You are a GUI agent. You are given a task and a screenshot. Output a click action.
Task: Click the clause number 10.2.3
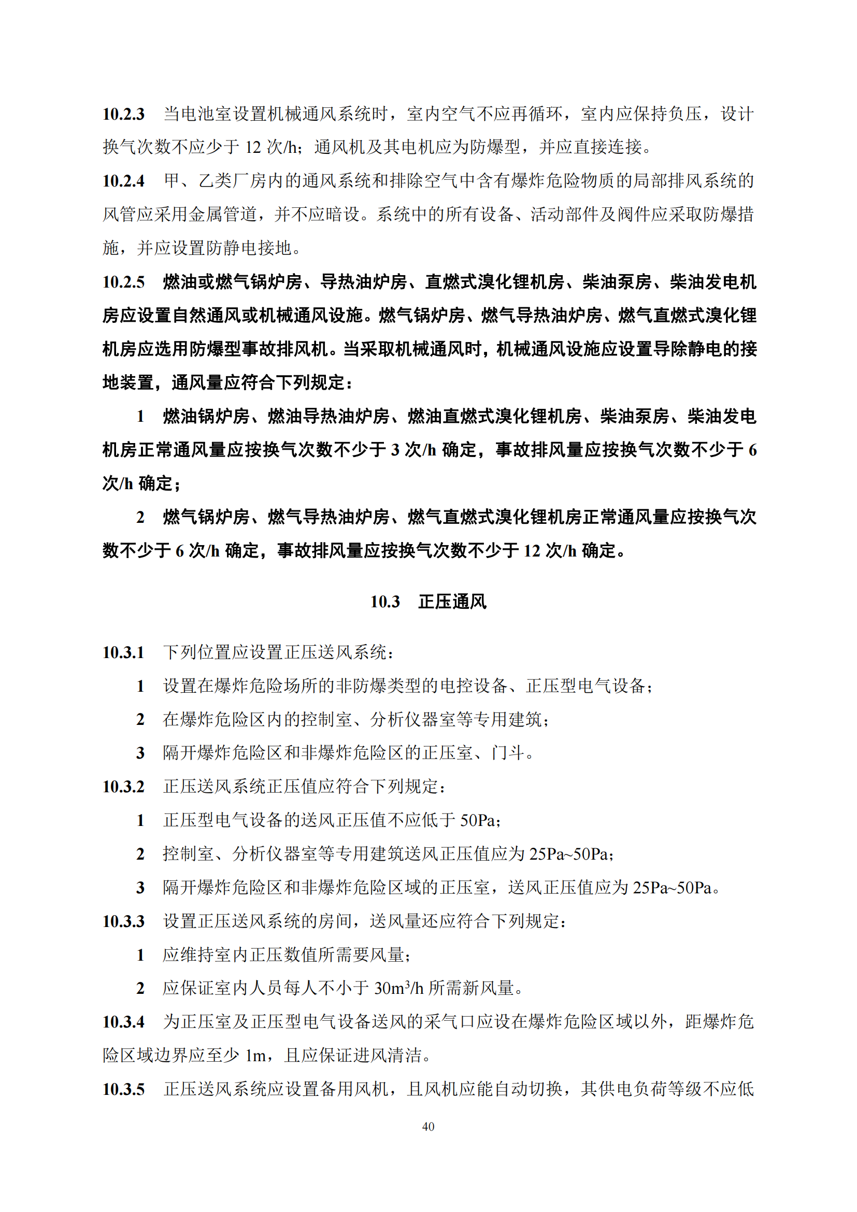click(x=123, y=114)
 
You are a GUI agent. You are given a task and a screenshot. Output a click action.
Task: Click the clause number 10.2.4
click(x=123, y=181)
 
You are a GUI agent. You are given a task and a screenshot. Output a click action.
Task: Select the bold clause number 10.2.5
click(x=123, y=282)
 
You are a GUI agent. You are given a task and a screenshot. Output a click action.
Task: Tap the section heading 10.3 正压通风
click(x=428, y=602)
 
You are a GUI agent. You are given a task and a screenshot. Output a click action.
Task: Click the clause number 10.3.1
click(x=123, y=652)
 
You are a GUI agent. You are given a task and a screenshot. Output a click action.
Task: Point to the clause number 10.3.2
click(x=123, y=787)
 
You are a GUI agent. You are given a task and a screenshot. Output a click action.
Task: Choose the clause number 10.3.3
click(x=123, y=921)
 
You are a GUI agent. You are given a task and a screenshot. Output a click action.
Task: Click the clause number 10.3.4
click(x=123, y=1022)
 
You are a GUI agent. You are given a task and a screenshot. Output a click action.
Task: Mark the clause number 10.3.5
click(x=123, y=1089)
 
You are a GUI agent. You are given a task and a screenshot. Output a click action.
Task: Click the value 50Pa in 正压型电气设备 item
click(x=478, y=820)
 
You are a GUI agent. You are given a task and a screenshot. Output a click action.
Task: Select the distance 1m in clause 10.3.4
click(x=256, y=1056)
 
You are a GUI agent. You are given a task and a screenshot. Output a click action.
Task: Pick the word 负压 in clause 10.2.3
click(x=685, y=114)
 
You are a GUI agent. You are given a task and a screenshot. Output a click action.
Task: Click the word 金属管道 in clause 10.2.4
click(x=223, y=215)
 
